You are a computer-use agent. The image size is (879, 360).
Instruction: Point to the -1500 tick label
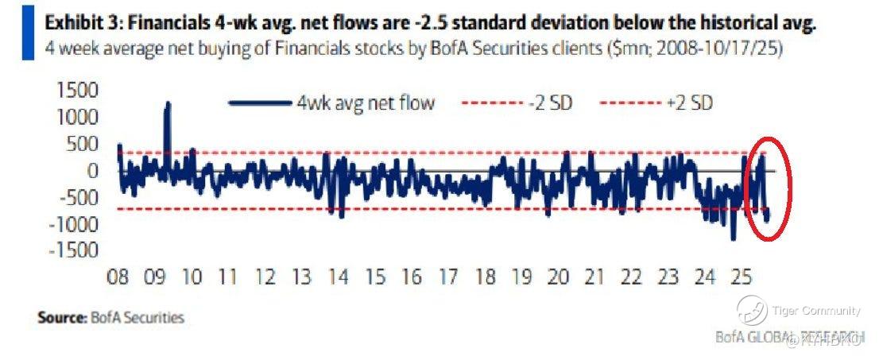coord(73,250)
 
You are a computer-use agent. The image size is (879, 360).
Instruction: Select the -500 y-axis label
coord(78,197)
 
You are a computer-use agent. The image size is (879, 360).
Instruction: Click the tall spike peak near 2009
coord(168,103)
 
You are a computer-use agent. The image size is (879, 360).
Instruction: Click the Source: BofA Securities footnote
coord(110,317)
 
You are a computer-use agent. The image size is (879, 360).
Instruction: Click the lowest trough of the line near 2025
coord(734,238)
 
